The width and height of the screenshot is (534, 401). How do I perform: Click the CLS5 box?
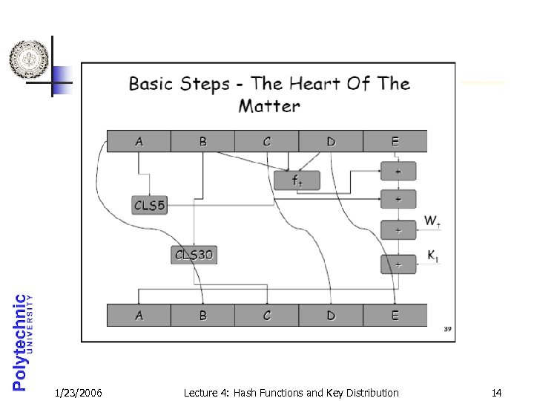click(x=150, y=204)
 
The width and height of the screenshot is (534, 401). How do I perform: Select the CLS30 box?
click(x=194, y=255)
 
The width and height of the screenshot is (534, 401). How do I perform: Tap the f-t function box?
click(x=297, y=180)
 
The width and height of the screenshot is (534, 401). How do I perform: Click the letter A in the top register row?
click(x=139, y=141)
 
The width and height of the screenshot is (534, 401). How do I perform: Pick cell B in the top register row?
click(x=202, y=141)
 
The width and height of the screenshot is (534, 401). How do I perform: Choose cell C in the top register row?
click(x=267, y=141)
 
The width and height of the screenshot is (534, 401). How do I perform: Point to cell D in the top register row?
click(x=331, y=141)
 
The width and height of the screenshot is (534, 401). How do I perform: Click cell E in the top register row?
click(x=395, y=141)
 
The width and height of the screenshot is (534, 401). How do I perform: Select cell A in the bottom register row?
click(x=139, y=316)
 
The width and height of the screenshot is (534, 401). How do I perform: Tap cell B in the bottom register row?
click(x=202, y=316)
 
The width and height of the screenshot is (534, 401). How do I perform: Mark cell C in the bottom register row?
click(x=267, y=316)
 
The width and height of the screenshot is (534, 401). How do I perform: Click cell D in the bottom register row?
click(x=331, y=316)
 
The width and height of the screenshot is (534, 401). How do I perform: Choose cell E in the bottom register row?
click(x=395, y=316)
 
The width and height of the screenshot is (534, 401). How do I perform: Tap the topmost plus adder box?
click(x=398, y=172)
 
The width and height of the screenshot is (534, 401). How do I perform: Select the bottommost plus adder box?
click(x=398, y=264)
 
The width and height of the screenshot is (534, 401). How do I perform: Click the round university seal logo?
click(x=30, y=59)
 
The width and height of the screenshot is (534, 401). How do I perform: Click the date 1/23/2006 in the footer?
click(x=79, y=392)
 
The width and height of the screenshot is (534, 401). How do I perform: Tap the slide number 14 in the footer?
click(x=496, y=392)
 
